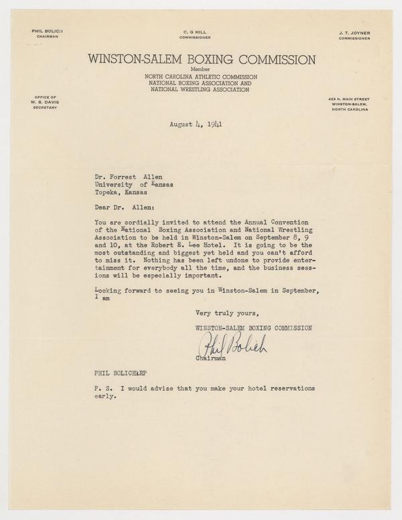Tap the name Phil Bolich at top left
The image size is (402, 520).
[46, 31]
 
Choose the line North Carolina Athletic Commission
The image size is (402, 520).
[200, 77]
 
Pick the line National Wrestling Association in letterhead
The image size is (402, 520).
[200, 89]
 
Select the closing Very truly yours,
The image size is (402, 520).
[227, 313]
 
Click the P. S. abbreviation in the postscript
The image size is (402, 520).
[103, 389]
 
